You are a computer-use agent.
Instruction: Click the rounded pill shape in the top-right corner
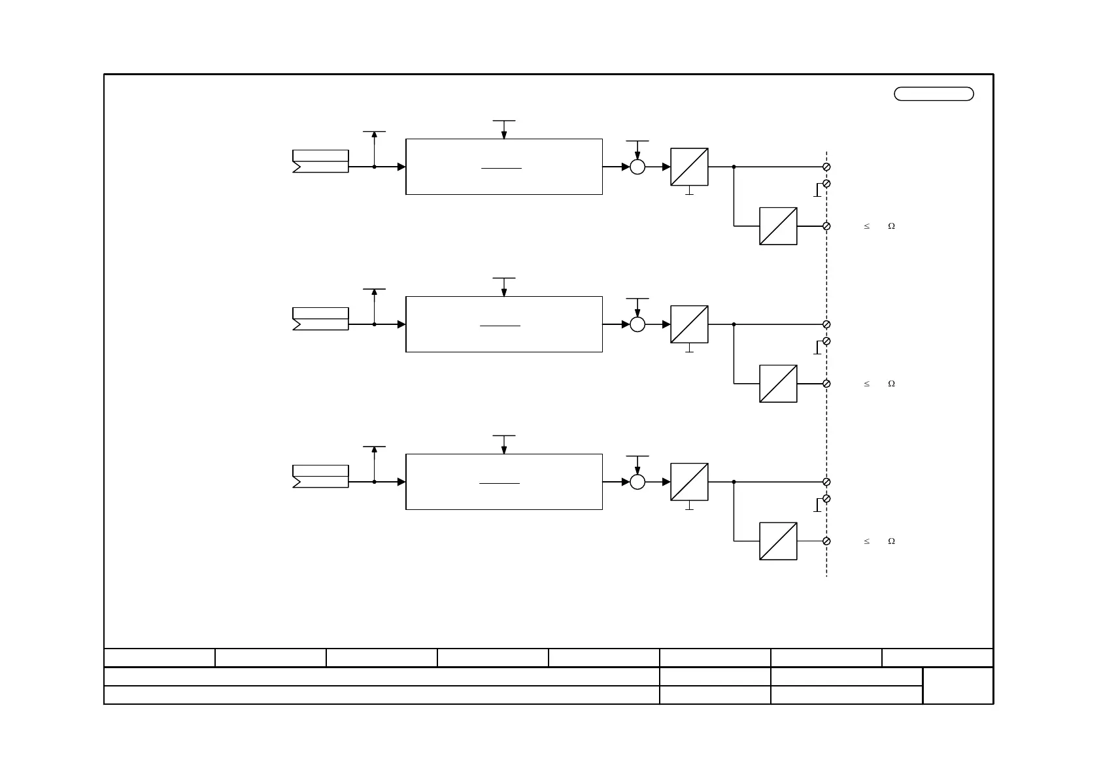click(x=934, y=93)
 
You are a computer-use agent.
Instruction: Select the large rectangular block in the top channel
click(x=503, y=167)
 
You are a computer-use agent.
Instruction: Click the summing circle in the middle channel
click(x=637, y=324)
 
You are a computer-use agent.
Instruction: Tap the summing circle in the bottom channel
click(x=637, y=482)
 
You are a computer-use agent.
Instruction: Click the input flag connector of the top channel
click(x=320, y=161)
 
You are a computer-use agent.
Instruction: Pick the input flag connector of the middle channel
click(x=320, y=319)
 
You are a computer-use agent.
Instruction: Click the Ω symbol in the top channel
click(x=891, y=226)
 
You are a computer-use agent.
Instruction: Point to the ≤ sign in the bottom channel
click(x=867, y=541)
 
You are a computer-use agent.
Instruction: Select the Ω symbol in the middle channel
click(x=891, y=384)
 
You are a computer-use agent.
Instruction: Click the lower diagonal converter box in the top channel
click(x=778, y=226)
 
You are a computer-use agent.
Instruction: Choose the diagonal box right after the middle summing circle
click(x=689, y=324)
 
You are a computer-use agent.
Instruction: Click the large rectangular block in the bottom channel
click(x=503, y=482)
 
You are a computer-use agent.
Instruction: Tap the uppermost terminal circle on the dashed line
click(x=826, y=167)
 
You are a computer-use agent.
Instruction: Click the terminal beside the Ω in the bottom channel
click(x=826, y=541)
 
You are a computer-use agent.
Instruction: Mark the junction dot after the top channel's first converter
click(x=734, y=167)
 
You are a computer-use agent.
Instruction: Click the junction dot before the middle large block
click(x=374, y=324)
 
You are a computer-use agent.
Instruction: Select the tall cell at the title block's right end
click(x=958, y=686)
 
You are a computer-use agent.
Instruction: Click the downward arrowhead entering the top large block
click(x=504, y=135)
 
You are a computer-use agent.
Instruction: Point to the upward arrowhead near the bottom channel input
click(x=374, y=450)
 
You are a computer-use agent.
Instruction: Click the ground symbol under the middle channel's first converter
click(x=689, y=349)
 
